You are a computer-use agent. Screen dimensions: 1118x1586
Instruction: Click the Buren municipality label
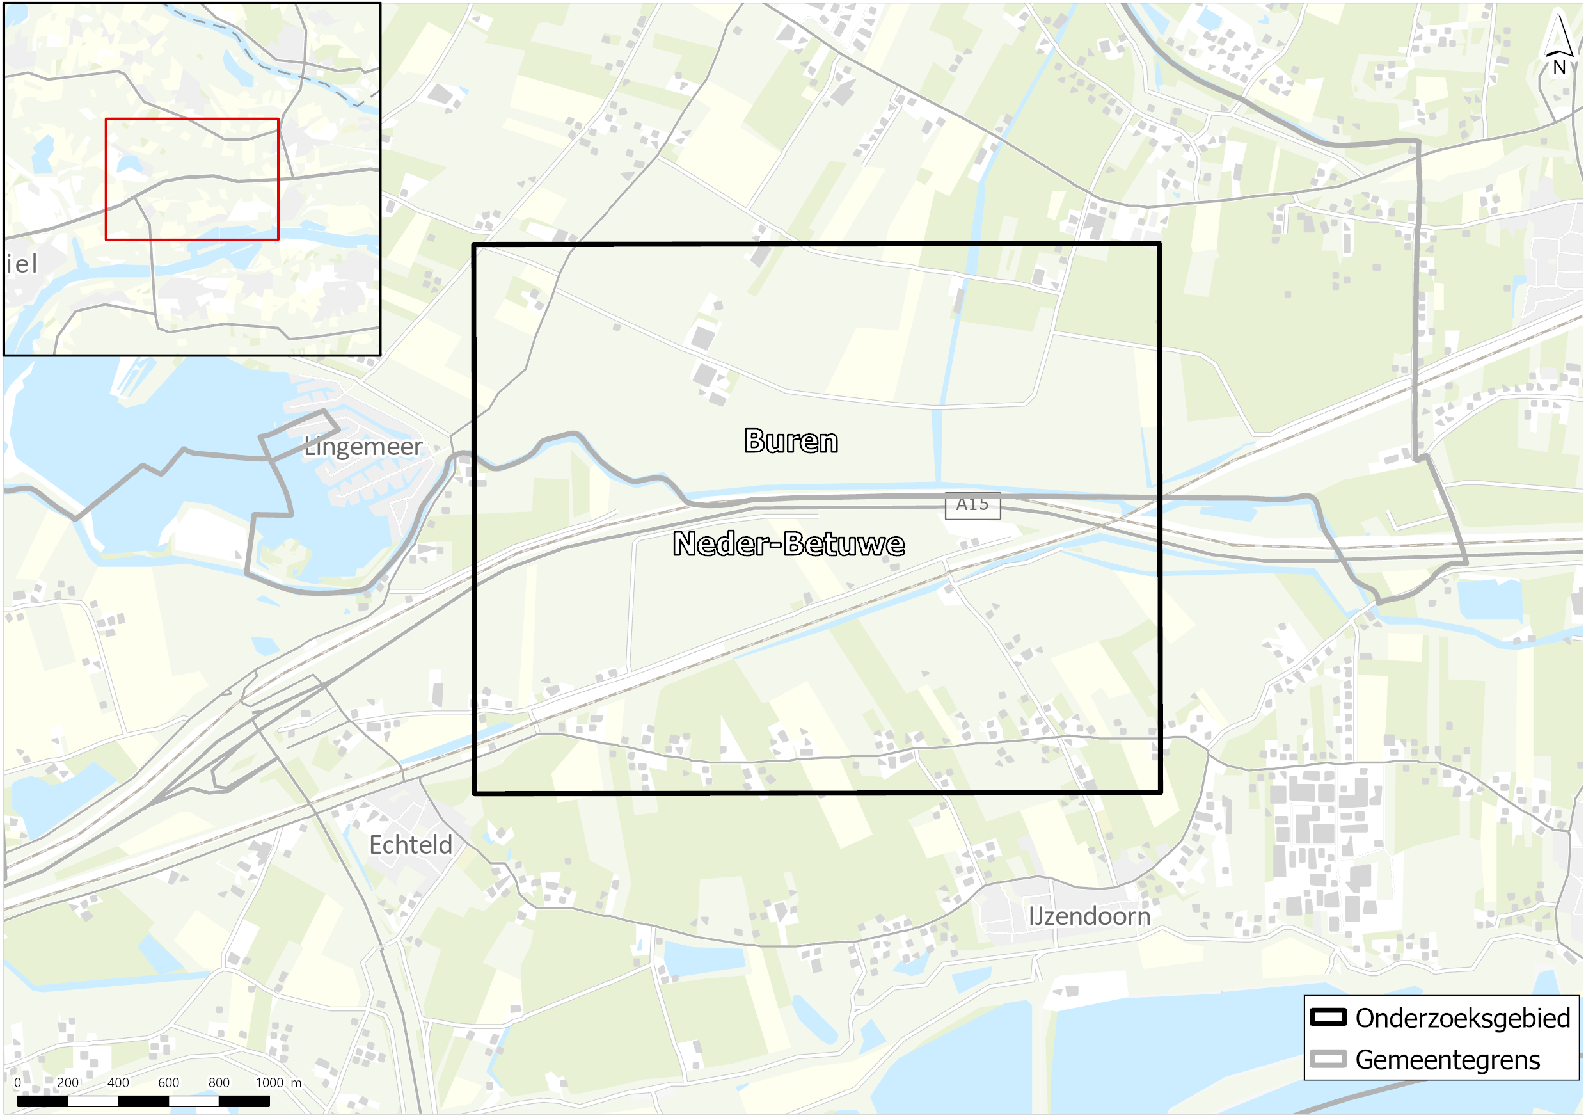pyautogui.click(x=791, y=441)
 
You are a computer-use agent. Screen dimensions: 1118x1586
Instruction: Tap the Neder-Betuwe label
pyautogui.click(x=788, y=544)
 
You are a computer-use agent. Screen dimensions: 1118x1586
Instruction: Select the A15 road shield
pyautogui.click(x=972, y=505)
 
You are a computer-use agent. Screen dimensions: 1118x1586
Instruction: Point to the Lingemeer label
pyautogui.click(x=363, y=447)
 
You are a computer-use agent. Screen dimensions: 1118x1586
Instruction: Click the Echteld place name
pyautogui.click(x=410, y=844)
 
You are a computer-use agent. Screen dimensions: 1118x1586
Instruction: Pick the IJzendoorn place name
pyautogui.click(x=1090, y=916)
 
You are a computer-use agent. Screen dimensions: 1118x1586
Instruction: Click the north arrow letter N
pyautogui.click(x=1559, y=68)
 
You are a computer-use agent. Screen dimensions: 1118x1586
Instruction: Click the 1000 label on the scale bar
pyautogui.click(x=269, y=1082)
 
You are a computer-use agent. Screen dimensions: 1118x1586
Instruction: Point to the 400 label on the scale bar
pyautogui.click(x=118, y=1082)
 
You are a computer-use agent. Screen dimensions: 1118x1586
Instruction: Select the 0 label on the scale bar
pyautogui.click(x=17, y=1082)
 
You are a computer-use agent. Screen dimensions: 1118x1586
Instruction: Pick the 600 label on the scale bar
pyautogui.click(x=168, y=1082)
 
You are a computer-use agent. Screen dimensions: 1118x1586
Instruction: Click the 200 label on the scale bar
pyautogui.click(x=68, y=1082)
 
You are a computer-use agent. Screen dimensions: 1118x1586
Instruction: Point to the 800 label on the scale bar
pyautogui.click(x=219, y=1082)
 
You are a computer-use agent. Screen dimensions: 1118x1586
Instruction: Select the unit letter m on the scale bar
pyautogui.click(x=296, y=1083)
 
